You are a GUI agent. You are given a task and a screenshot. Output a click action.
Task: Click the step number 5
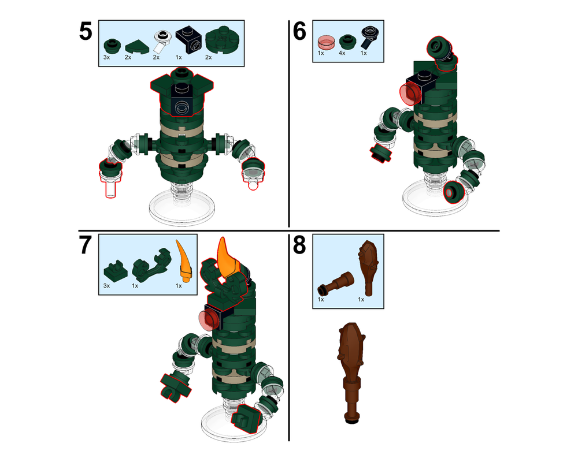pyautogui.click(x=85, y=32)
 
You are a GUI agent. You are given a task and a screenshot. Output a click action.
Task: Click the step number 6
pyautogui.click(x=299, y=32)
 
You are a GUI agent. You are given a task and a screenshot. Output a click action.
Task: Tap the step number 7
pyautogui.click(x=85, y=245)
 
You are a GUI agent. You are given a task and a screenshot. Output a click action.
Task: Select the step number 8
pyautogui.click(x=299, y=245)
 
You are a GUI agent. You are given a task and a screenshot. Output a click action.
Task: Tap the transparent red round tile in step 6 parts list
pyautogui.click(x=326, y=42)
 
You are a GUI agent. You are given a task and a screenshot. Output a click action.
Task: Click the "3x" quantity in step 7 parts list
pyautogui.click(x=106, y=286)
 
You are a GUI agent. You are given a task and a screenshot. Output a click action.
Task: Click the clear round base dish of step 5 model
pyautogui.click(x=183, y=211)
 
